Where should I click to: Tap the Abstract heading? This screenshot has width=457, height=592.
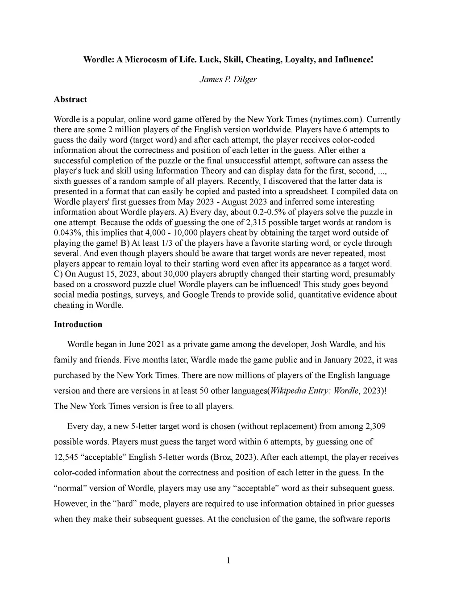[70, 99]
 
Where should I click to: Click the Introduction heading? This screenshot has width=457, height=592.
[78, 324]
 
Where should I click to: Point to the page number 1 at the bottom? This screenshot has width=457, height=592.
[228, 561]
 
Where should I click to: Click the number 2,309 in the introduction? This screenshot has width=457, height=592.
[375, 426]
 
